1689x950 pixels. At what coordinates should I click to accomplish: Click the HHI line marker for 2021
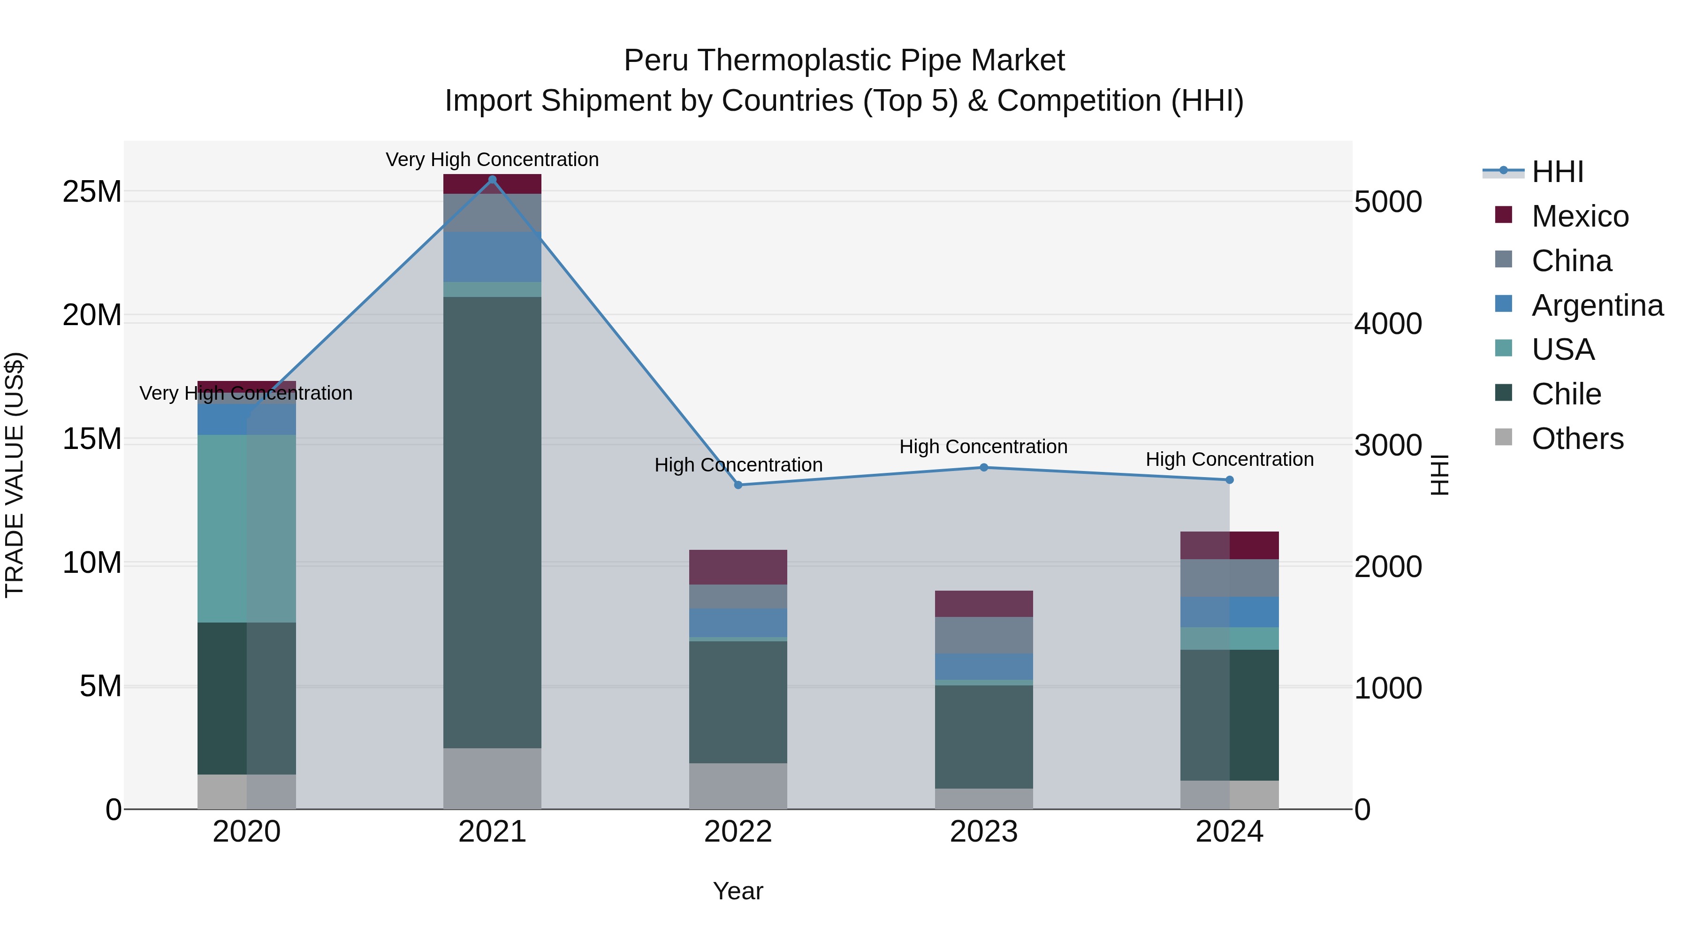493,179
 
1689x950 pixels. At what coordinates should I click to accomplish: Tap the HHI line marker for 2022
738,485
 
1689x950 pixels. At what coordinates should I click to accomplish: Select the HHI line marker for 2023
983,467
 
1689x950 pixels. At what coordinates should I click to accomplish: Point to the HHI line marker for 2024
1229,480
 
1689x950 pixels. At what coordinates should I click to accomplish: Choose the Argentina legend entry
1597,305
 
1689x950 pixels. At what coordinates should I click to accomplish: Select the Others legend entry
1577,439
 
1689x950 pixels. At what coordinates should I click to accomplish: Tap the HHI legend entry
1557,172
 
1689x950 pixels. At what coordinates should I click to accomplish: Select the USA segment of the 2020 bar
246,528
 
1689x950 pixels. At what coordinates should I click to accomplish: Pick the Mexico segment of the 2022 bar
738,567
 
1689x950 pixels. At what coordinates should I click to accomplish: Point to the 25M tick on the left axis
92,192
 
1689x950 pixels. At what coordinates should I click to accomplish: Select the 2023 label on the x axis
983,832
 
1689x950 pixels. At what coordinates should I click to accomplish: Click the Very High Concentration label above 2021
493,160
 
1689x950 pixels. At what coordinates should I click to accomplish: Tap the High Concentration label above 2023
983,447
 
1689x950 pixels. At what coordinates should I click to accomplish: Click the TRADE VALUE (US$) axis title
15,475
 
